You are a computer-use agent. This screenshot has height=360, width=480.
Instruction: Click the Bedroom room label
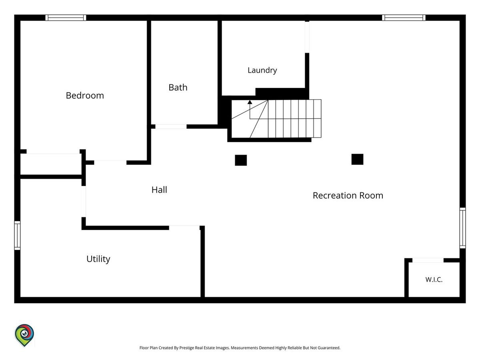point(85,96)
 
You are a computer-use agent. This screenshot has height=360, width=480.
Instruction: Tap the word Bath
point(178,88)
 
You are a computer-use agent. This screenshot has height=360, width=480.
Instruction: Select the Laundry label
point(262,70)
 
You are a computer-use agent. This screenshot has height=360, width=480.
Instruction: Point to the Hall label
point(159,190)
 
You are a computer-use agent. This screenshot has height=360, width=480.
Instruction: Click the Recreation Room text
point(348,196)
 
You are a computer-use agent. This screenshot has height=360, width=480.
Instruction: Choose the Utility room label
point(98,259)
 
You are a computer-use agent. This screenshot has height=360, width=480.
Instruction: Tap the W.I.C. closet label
point(434,280)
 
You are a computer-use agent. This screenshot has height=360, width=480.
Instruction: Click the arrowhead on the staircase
point(250,102)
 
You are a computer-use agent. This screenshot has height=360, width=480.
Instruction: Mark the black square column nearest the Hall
point(241,160)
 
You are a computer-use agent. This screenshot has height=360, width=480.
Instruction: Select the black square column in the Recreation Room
point(357,159)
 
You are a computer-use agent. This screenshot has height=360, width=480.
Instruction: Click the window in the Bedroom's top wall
point(66,18)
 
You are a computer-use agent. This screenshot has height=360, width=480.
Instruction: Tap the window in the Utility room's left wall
point(17,236)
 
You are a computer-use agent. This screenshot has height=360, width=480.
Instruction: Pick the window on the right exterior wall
point(462,228)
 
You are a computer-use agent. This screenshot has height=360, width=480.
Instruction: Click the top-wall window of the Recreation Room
point(404,18)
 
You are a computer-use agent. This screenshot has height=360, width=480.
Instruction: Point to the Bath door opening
point(171,126)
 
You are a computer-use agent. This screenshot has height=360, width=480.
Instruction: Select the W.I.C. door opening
point(428,260)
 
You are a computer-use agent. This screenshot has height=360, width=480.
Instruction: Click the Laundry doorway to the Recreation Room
point(307,37)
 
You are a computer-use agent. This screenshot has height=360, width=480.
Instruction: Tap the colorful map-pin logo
point(24,335)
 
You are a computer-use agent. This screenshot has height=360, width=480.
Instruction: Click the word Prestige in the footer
point(186,348)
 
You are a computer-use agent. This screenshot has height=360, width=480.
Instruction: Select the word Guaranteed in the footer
point(329,348)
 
